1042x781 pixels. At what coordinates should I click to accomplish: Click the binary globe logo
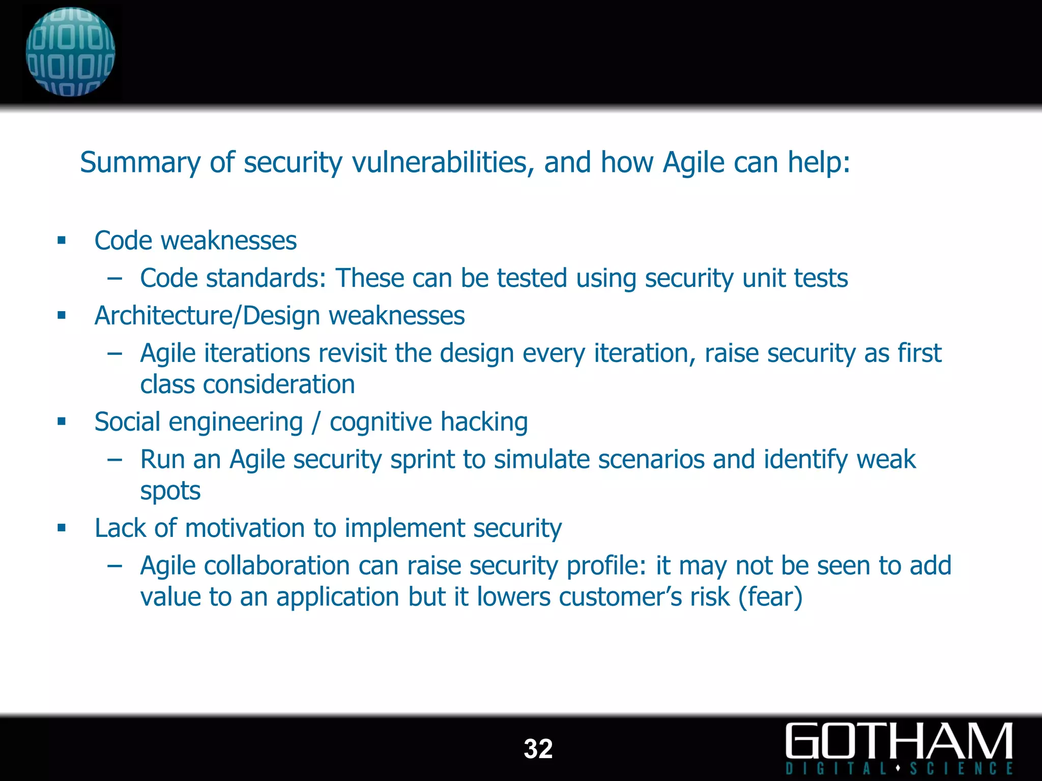click(x=70, y=52)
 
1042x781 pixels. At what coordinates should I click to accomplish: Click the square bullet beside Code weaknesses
click(x=62, y=241)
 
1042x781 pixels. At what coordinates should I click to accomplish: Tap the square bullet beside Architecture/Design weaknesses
click(x=62, y=316)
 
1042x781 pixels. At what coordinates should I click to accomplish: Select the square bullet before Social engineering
click(x=62, y=422)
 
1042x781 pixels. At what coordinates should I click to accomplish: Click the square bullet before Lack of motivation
click(x=62, y=528)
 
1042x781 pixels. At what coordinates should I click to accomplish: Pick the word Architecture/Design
click(x=208, y=316)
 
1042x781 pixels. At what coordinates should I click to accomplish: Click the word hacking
click(x=484, y=422)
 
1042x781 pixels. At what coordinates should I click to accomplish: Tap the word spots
click(x=170, y=491)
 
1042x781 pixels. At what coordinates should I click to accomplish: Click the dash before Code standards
click(x=115, y=279)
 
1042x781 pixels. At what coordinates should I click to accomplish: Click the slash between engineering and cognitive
click(x=316, y=422)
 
